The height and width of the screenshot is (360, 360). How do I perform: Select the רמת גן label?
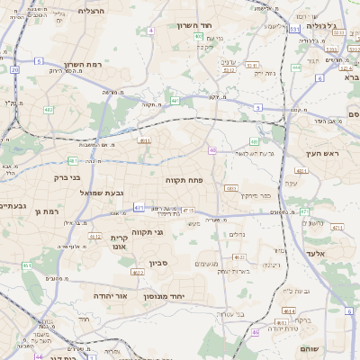[x=42, y=211]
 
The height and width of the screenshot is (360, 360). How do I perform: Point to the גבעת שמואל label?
[x=92, y=193]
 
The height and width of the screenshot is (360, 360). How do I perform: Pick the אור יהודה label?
[x=112, y=295]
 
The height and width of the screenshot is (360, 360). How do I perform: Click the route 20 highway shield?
[x=15, y=68]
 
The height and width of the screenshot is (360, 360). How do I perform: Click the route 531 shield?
[x=294, y=30]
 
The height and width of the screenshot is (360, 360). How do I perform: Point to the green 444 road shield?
[x=297, y=67]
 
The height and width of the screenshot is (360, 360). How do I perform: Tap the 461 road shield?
[x=27, y=265]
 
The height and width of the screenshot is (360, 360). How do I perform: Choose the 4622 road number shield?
[x=94, y=237]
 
